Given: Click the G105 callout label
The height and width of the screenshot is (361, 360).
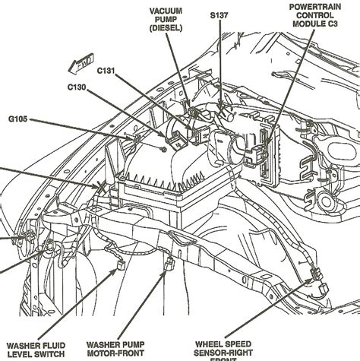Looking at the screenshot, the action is pos(17,119).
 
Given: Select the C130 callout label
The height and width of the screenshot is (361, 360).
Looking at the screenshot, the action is pos(77,87).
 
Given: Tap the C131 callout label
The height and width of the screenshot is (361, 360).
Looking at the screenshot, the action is pos(106,71).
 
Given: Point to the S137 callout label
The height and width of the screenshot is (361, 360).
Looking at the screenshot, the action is pos(219,16).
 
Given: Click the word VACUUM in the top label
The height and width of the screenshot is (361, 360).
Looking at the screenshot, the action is pos(166,11).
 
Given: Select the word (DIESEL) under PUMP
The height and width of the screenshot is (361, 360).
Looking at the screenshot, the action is pos(166,28).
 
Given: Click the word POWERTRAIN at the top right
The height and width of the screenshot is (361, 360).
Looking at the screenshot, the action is pos(315,7).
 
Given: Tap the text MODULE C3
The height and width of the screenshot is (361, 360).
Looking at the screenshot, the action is pos(315,24).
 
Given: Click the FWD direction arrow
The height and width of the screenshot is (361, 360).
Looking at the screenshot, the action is pos(81,65).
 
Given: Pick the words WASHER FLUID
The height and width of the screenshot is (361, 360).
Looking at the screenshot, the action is pos(36,346).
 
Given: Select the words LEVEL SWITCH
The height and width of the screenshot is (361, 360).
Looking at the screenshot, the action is pos(36,354).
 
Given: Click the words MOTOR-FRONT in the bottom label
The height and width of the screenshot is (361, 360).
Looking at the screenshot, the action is pos(115,353).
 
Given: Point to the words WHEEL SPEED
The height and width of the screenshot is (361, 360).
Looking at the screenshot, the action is pos(223,344).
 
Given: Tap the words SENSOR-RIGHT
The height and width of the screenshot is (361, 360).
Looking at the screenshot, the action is pos(223,353).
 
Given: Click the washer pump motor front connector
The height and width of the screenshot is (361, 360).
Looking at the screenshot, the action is pos(169,264).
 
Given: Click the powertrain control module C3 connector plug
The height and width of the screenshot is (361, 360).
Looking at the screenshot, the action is pos(255,154).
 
